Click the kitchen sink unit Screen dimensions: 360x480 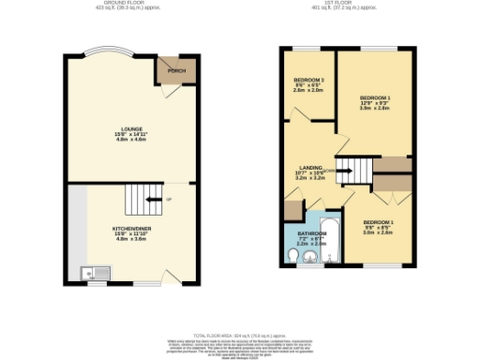tap(95, 273)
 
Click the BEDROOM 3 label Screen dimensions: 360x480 tap(307, 80)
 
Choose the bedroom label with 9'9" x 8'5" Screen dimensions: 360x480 tap(380, 222)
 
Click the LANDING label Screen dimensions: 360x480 tap(311, 167)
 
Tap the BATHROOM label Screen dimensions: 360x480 tap(311, 232)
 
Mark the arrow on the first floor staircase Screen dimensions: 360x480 tap(344, 172)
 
